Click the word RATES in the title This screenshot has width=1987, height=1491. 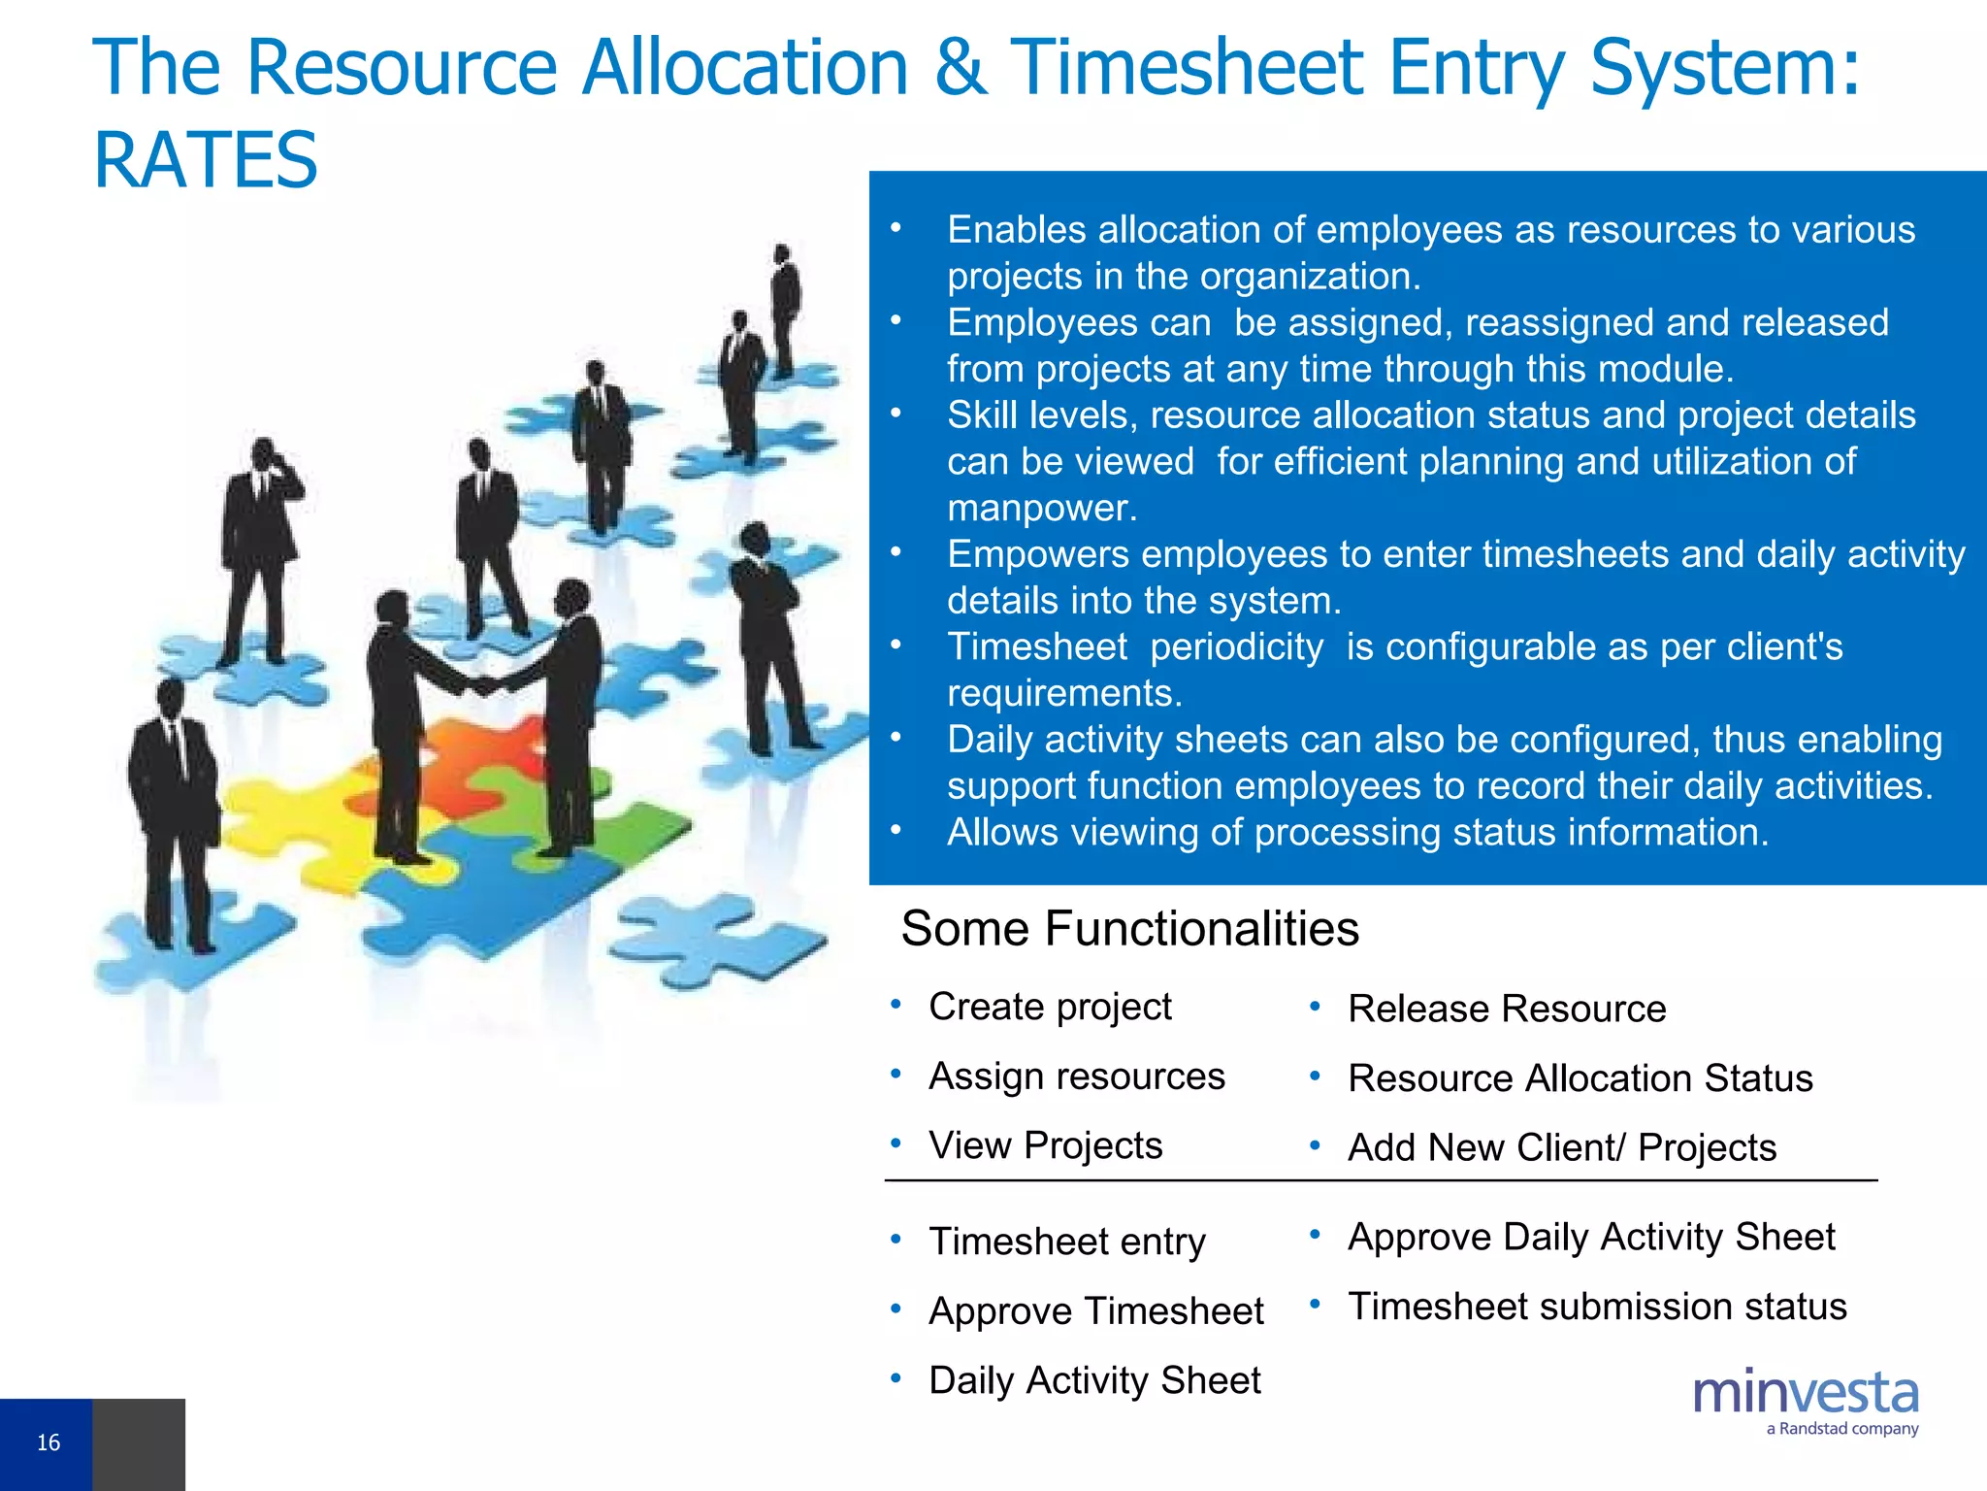[206, 160]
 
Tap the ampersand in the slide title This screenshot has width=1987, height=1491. [960, 68]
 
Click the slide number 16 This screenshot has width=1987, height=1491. [48, 1442]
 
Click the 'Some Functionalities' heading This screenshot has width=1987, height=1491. [1129, 929]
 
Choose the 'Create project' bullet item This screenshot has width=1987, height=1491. [1050, 1007]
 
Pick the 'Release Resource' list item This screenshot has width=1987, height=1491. [1507, 1009]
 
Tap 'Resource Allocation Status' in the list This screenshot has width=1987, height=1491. [1580, 1078]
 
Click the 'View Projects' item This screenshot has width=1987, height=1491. [1045, 1145]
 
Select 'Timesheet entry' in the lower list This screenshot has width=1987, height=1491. [1066, 1242]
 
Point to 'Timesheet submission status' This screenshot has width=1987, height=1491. [1597, 1307]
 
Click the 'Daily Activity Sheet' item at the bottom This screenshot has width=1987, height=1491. [1094, 1380]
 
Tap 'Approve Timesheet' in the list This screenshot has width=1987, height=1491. [1095, 1311]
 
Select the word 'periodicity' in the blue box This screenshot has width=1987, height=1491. [1236, 646]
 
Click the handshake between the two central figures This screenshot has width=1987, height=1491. [482, 685]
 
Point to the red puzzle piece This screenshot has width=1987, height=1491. [485, 747]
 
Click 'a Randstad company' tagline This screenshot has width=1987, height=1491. [1841, 1429]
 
